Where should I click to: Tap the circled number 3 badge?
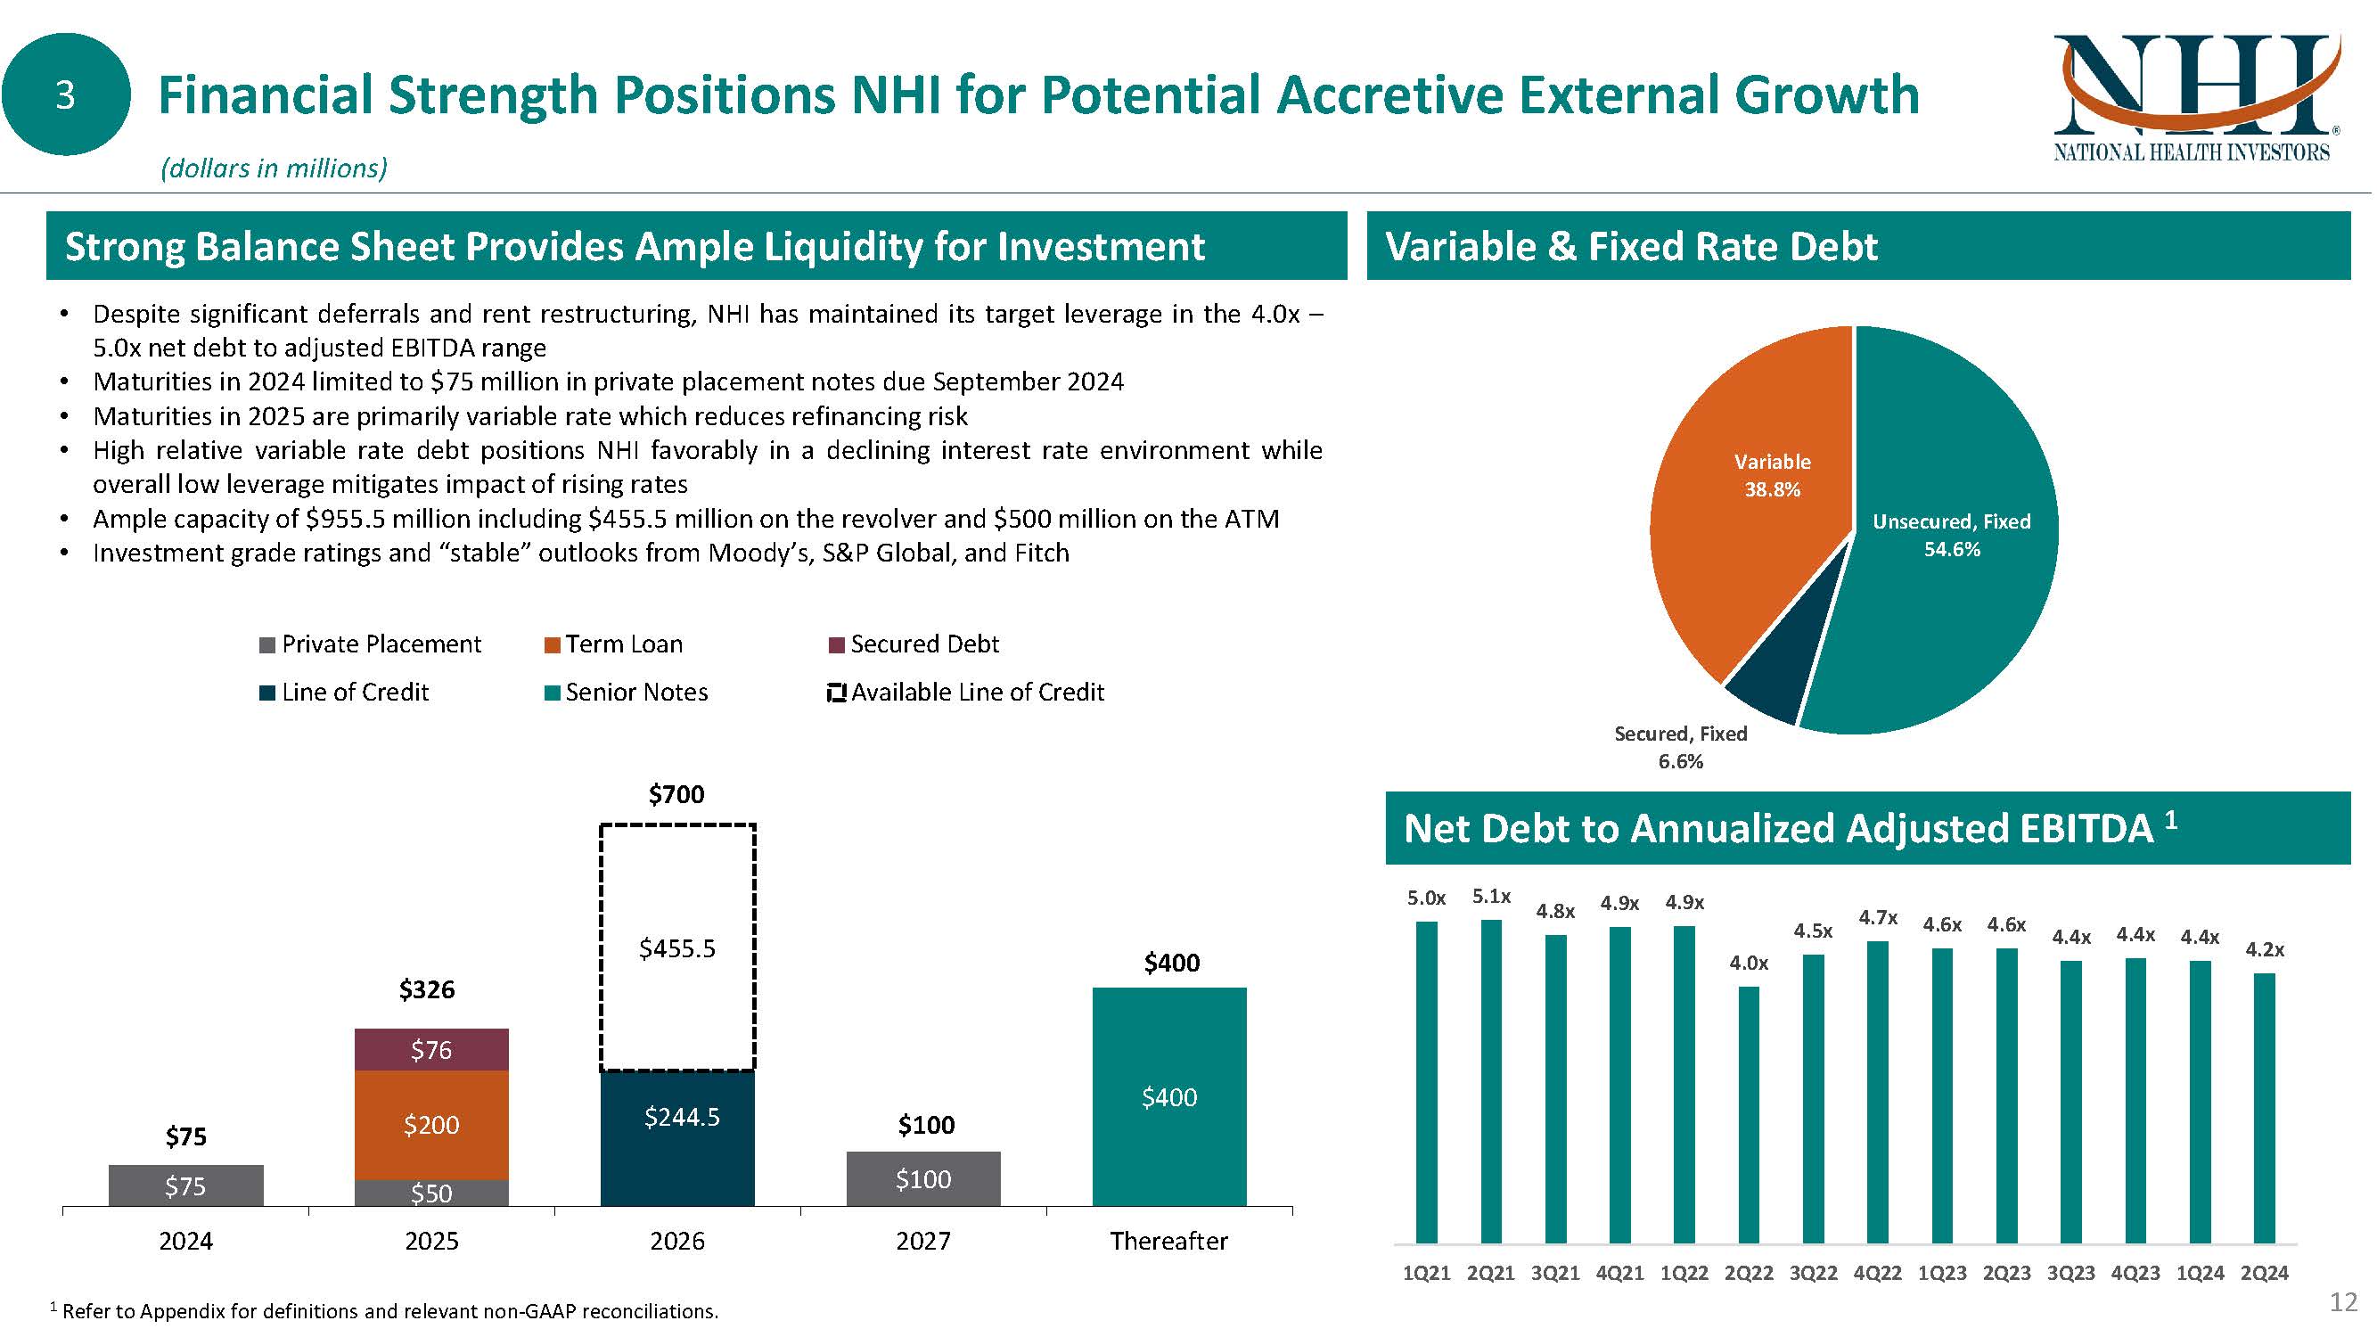(66, 95)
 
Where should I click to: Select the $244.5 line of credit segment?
(677, 1136)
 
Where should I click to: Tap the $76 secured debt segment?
(430, 1050)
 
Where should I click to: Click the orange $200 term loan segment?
(430, 1125)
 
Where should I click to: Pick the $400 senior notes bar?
(1169, 1096)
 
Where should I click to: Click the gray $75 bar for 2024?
(185, 1185)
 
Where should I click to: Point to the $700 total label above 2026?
(676, 794)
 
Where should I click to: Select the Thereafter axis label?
(1168, 1241)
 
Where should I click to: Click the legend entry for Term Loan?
(623, 644)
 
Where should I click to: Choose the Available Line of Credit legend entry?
(976, 692)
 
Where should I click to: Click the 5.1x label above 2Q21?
(1491, 896)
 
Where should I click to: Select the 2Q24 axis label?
(2265, 1274)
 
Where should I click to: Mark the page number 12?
(2343, 1302)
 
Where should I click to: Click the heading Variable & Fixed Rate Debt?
(1631, 246)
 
